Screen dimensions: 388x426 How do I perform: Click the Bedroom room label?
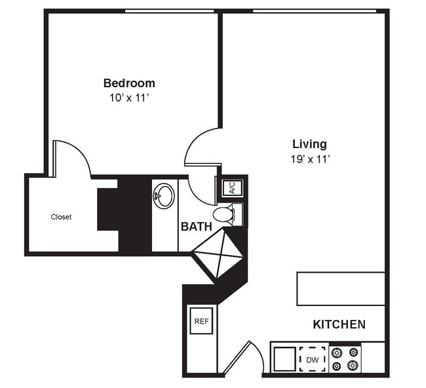(129, 83)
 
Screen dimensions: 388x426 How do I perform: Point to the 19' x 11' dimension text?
(310, 159)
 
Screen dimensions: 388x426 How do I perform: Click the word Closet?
(61, 217)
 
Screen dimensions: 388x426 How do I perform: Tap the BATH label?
(196, 227)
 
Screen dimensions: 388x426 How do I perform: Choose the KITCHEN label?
(339, 324)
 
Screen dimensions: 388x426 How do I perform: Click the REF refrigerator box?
(201, 322)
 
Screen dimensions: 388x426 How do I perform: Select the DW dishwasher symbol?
(313, 360)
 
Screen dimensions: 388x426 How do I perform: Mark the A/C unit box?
(233, 188)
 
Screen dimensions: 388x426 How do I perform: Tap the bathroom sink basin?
(164, 195)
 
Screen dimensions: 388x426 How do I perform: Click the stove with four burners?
(345, 359)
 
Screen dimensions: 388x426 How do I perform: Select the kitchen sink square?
(284, 359)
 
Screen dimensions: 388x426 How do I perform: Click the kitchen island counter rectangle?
(341, 288)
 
